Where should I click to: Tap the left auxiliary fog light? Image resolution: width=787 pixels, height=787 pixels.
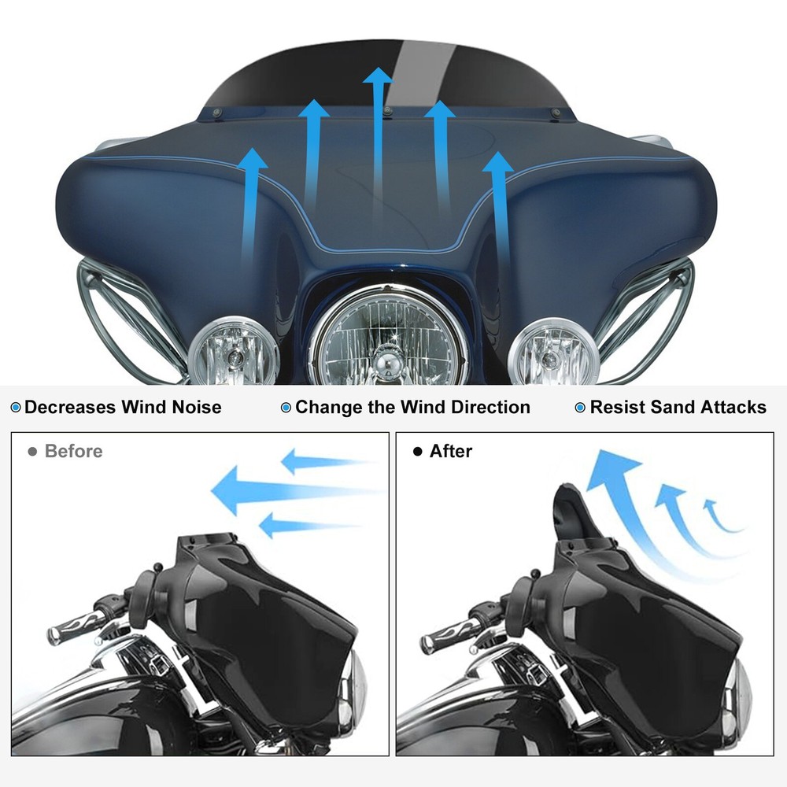(232, 352)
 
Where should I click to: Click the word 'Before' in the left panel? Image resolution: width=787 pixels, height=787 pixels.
(73, 452)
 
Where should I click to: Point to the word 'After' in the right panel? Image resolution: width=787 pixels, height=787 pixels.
(450, 452)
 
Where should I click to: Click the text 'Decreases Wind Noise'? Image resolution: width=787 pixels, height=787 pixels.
(123, 408)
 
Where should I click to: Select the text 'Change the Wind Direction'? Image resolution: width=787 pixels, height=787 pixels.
(412, 408)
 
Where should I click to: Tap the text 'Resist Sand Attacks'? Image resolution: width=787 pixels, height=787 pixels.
(678, 408)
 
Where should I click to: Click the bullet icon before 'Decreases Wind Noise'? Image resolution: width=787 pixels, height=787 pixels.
(16, 408)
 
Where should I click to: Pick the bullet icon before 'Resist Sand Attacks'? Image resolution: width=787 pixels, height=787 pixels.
(580, 408)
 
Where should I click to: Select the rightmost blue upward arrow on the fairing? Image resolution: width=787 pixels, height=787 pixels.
(497, 205)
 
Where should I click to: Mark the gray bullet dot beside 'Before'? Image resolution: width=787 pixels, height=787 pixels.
(32, 452)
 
